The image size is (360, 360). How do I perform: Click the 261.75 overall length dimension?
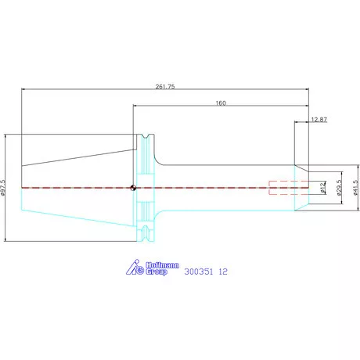(x=165, y=86)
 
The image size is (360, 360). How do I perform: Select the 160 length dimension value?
(x=221, y=103)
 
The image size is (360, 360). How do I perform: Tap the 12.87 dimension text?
(x=319, y=120)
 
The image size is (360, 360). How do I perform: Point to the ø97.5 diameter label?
(x=3, y=187)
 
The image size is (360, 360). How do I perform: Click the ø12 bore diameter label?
(x=322, y=188)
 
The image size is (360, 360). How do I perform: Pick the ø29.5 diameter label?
(x=339, y=188)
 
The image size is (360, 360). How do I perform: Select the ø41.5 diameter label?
(x=355, y=187)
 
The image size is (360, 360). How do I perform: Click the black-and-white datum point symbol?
(x=133, y=188)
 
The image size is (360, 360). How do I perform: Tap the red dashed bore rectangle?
(x=289, y=188)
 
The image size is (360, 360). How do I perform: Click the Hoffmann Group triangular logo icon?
(x=135, y=267)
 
